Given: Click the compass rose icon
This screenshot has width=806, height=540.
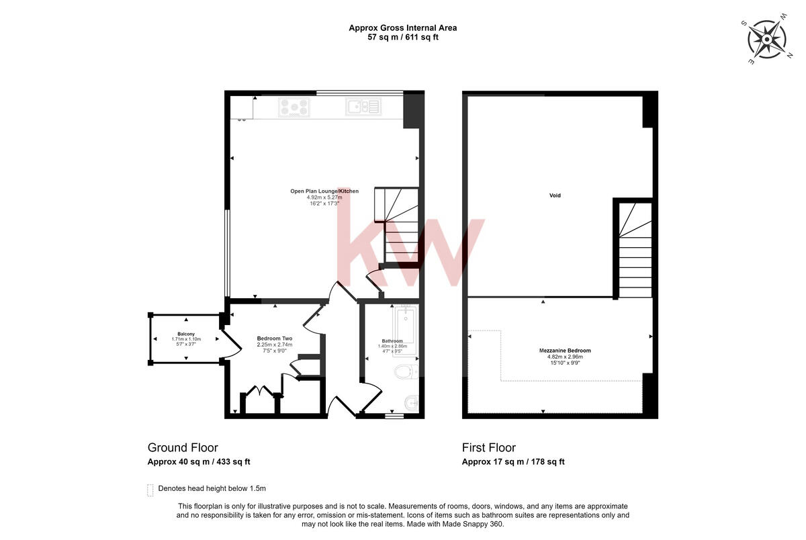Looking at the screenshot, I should (766, 40).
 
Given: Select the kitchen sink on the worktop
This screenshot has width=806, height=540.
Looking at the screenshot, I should (363, 106).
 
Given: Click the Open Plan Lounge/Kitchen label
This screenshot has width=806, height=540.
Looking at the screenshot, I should (324, 191).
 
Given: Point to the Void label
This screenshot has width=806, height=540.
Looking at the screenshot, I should (555, 195).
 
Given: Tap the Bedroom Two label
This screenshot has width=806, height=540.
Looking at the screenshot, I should (275, 339).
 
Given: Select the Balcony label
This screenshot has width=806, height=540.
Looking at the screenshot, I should (186, 334).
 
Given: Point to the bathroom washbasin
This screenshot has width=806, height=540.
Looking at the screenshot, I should (410, 403).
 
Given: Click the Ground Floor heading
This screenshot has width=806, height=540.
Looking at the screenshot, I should (183, 448).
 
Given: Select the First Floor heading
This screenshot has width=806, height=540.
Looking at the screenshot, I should (488, 448).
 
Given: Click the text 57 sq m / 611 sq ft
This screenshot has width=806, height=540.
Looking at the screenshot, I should (402, 38).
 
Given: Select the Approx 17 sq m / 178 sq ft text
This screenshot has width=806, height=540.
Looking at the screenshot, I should (512, 462).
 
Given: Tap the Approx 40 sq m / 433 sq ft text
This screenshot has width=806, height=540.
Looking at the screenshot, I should (199, 462).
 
